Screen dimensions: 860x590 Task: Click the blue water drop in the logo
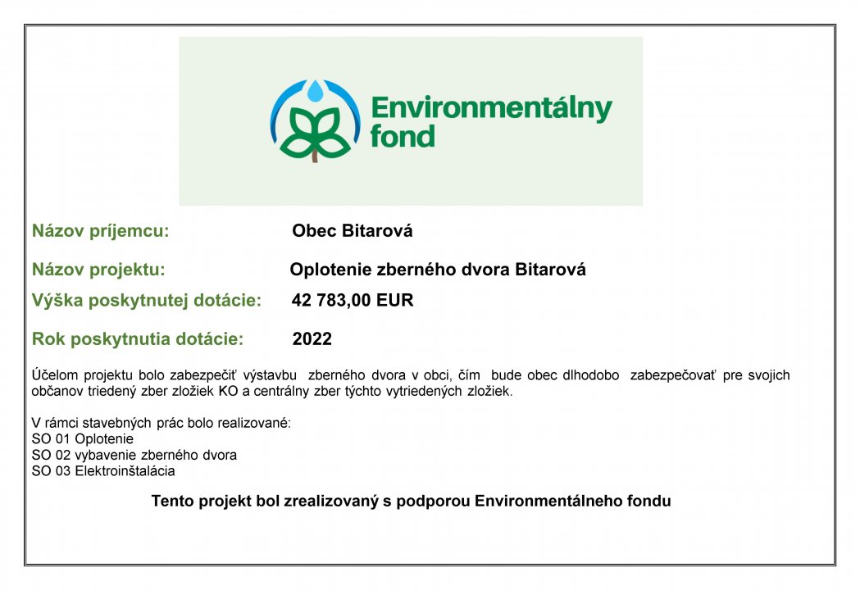(316, 91)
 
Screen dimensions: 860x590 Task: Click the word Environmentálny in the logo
(491, 108)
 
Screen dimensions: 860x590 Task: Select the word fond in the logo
(403, 136)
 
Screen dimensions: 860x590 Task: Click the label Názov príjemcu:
(100, 231)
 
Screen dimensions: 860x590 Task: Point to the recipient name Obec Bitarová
(353, 230)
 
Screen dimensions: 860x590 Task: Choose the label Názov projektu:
(98, 270)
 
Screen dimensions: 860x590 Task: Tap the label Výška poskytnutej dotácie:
(147, 300)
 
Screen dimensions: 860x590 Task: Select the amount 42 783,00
(331, 300)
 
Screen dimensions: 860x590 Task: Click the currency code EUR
(395, 300)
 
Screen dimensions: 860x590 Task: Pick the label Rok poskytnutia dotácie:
(138, 339)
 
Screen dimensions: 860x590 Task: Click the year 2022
(312, 339)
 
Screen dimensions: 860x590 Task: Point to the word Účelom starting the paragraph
(55, 375)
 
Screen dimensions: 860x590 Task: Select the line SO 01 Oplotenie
(82, 438)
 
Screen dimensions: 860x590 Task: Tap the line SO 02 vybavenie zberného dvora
(134, 455)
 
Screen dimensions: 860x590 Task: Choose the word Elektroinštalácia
(125, 471)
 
